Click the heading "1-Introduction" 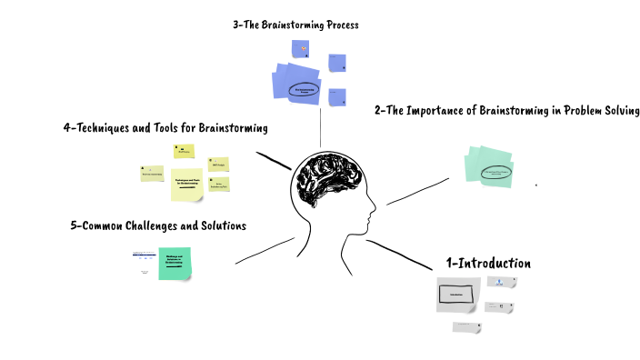pyautogui.click(x=487, y=263)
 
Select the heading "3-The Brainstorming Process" pyautogui.click(x=295, y=25)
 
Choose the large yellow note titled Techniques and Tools pyautogui.click(x=186, y=185)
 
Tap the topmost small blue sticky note pyautogui.click(x=299, y=50)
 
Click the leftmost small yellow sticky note pyautogui.click(x=151, y=172)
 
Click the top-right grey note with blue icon pyautogui.click(x=501, y=283)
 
